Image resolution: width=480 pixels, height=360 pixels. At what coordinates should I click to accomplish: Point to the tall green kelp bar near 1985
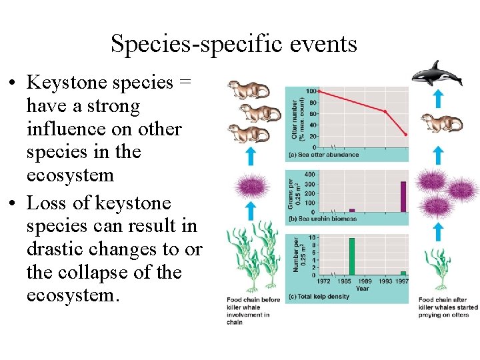pos(351,256)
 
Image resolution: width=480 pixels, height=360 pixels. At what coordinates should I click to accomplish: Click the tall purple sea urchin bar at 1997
pos(403,196)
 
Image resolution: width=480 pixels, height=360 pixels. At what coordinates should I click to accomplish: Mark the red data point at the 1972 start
pos(319,91)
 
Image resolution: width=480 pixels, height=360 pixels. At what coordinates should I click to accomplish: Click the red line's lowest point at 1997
pos(405,135)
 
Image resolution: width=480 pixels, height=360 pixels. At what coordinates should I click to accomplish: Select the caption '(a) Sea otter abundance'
pos(323,155)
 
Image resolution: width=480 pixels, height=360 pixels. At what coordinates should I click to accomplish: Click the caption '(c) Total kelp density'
pos(319,296)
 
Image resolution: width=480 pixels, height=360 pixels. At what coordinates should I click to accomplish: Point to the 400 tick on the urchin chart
pos(309,174)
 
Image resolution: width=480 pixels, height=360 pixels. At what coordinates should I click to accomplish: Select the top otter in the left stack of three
pos(247,90)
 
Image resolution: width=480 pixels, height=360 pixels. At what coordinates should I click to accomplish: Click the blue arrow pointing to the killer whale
pos(437,99)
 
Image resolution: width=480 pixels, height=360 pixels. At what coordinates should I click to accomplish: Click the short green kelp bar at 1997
pos(403,273)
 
